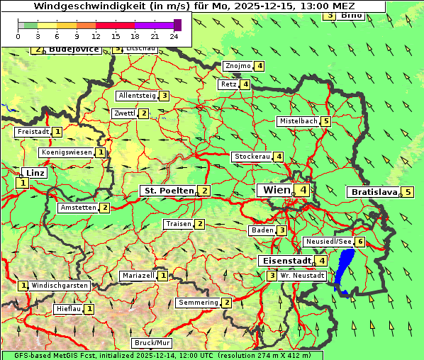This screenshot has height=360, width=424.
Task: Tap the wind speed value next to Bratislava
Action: pyautogui.click(x=408, y=192)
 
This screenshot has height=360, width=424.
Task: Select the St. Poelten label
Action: pyautogui.click(x=168, y=191)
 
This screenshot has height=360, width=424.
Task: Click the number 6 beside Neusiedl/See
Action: pyautogui.click(x=360, y=242)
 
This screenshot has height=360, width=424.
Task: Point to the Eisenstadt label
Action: pyautogui.click(x=284, y=261)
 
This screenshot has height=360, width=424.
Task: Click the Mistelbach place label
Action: pyautogui.click(x=298, y=121)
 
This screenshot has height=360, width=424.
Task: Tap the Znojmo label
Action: pyautogui.click(x=238, y=66)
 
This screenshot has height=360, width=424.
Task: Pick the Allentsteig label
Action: pyautogui.click(x=137, y=96)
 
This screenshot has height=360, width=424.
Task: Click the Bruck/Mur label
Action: pyautogui.click(x=152, y=343)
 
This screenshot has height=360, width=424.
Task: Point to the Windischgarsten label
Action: pyautogui.click(x=60, y=286)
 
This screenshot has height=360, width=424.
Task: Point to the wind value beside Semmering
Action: pyautogui.click(x=226, y=303)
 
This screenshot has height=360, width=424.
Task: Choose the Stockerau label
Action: pyautogui.click(x=252, y=157)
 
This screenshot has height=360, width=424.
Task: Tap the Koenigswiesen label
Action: pyautogui.click(x=67, y=152)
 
